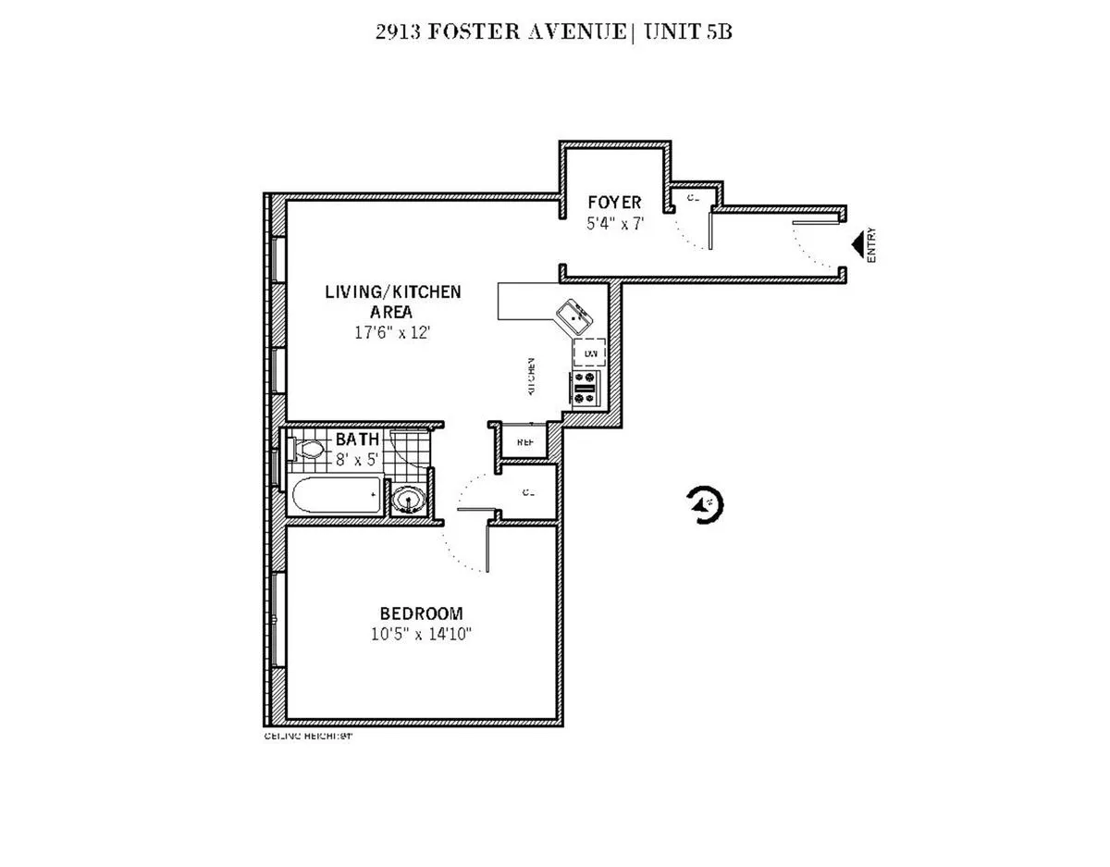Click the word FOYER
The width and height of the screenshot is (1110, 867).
(x=614, y=203)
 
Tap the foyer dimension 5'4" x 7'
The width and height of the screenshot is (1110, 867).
(x=614, y=223)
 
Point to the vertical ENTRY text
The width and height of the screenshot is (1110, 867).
(x=871, y=246)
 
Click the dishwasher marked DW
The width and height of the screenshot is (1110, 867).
(x=588, y=353)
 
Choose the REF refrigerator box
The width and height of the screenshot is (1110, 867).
(x=524, y=441)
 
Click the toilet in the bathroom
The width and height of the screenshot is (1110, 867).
(x=306, y=451)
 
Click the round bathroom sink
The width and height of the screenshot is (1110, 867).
(x=407, y=501)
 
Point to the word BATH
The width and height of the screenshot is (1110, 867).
(x=356, y=439)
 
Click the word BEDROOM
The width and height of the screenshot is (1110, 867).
(x=421, y=613)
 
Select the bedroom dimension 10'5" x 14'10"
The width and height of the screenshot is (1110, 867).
(x=421, y=634)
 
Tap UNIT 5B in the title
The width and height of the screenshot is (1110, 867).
(x=681, y=33)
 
